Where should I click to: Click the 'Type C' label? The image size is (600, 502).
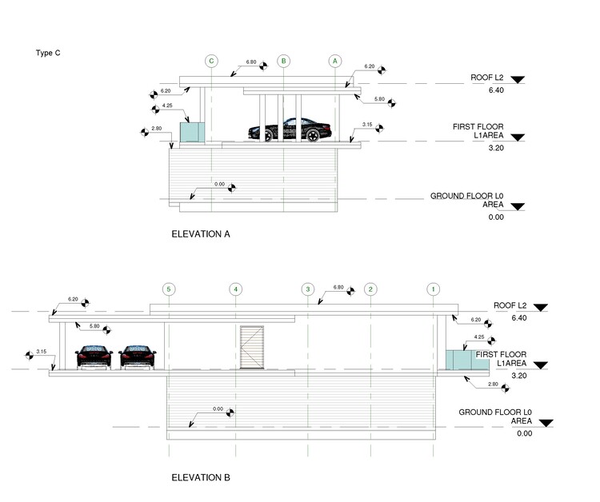(x=48, y=53)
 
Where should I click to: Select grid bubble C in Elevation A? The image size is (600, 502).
(x=211, y=61)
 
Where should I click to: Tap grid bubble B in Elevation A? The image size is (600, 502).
(x=283, y=61)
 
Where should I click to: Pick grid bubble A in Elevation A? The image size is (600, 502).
(x=335, y=61)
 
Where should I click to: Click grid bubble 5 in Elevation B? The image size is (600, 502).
(x=168, y=289)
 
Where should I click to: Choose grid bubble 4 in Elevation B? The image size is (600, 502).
(x=235, y=289)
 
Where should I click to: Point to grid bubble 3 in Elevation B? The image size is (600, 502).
(x=306, y=289)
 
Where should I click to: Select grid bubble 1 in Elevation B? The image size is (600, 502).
(x=433, y=289)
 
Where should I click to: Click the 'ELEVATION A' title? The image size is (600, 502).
(x=201, y=235)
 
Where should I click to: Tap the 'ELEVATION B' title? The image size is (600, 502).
(x=201, y=477)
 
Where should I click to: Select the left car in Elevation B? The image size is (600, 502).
(x=93, y=356)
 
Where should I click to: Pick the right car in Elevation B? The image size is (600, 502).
(x=138, y=356)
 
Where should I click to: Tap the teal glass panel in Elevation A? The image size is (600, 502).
(x=191, y=132)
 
